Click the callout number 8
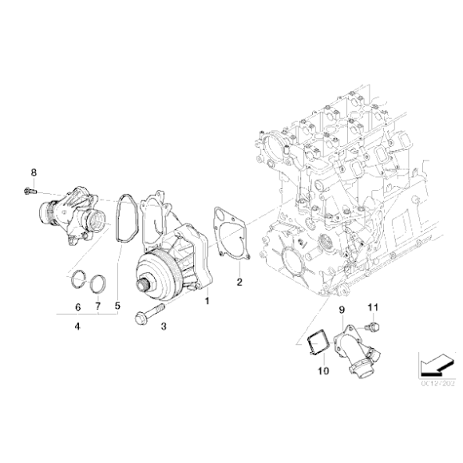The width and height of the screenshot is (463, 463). tap(34, 172)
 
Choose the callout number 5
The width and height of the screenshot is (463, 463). tap(77, 306)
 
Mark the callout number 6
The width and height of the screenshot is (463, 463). tap(98, 306)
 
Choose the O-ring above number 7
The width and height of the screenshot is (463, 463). tap(98, 284)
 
